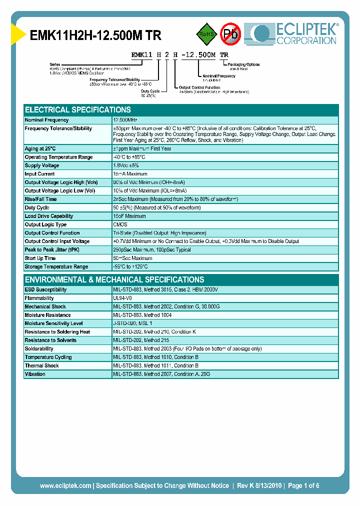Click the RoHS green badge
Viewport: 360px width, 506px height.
click(206, 34)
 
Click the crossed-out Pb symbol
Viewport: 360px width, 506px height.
click(231, 34)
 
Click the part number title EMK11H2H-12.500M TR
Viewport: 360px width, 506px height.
click(95, 35)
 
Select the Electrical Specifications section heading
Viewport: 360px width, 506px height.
click(78, 109)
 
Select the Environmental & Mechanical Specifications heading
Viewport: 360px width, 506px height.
click(114, 279)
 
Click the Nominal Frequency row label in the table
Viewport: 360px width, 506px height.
click(47, 120)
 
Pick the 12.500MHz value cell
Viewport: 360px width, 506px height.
click(125, 120)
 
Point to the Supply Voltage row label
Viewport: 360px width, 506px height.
click(42, 165)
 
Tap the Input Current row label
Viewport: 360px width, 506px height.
click(40, 174)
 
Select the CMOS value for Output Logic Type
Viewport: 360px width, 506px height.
click(120, 224)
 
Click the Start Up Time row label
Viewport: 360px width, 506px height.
click(40, 258)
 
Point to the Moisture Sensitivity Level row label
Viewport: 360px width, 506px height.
click(54, 323)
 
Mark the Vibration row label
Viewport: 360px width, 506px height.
click(35, 374)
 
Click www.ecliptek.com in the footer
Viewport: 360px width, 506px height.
click(65, 485)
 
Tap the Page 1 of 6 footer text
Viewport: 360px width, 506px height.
click(303, 485)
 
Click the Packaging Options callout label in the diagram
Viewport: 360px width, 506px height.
click(244, 64)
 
